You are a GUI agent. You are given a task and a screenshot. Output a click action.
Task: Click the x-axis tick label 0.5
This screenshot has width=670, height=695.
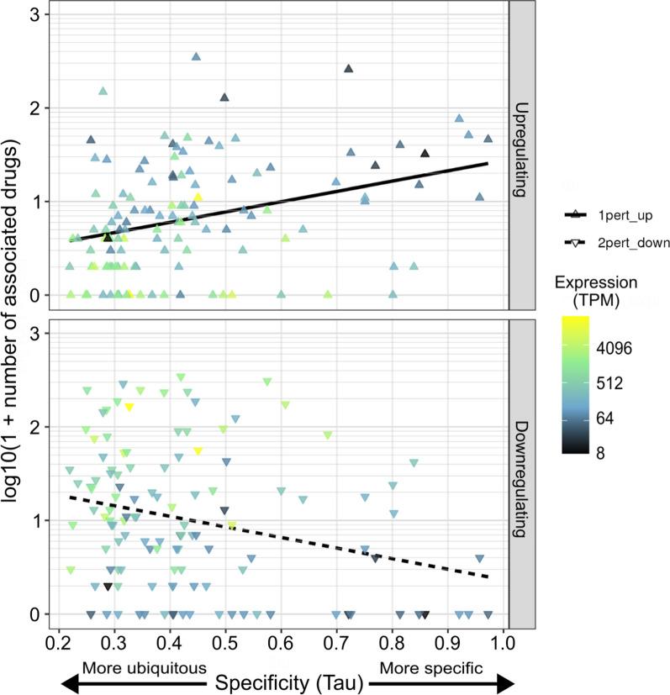coord(225,645)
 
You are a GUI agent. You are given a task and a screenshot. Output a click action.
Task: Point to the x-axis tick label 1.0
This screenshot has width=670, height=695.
coord(503,645)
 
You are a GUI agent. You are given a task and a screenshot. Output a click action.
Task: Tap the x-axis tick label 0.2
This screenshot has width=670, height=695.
coord(59,645)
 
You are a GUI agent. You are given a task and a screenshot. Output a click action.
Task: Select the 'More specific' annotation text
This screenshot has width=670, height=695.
coord(431,669)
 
